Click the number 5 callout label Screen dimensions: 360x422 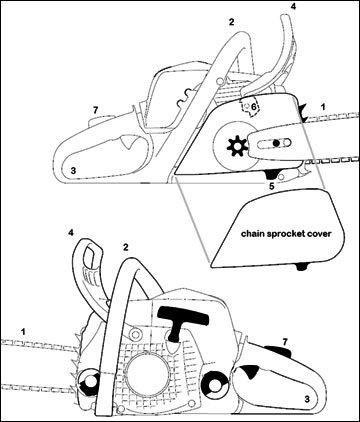coord(272,186)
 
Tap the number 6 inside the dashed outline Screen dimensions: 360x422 coord(254,107)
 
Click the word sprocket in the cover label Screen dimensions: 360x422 coord(285,234)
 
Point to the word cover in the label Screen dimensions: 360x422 coord(320,234)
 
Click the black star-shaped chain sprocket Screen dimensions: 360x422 coord(237,146)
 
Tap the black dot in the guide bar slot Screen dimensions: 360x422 coord(276,143)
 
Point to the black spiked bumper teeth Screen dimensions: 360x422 coord(302,113)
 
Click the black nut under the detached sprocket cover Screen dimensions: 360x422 coord(302,267)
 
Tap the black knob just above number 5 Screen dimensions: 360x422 coord(272,174)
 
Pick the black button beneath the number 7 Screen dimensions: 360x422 coord(278,351)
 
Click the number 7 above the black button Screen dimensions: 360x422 coord(284,342)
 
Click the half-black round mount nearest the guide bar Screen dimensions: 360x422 coord(88,382)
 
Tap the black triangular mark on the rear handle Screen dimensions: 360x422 coord(249,370)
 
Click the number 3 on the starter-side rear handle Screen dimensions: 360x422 coord(307,399)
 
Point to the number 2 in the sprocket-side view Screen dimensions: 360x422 coord(231,22)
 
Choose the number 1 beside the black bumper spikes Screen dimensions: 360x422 coord(322,107)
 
